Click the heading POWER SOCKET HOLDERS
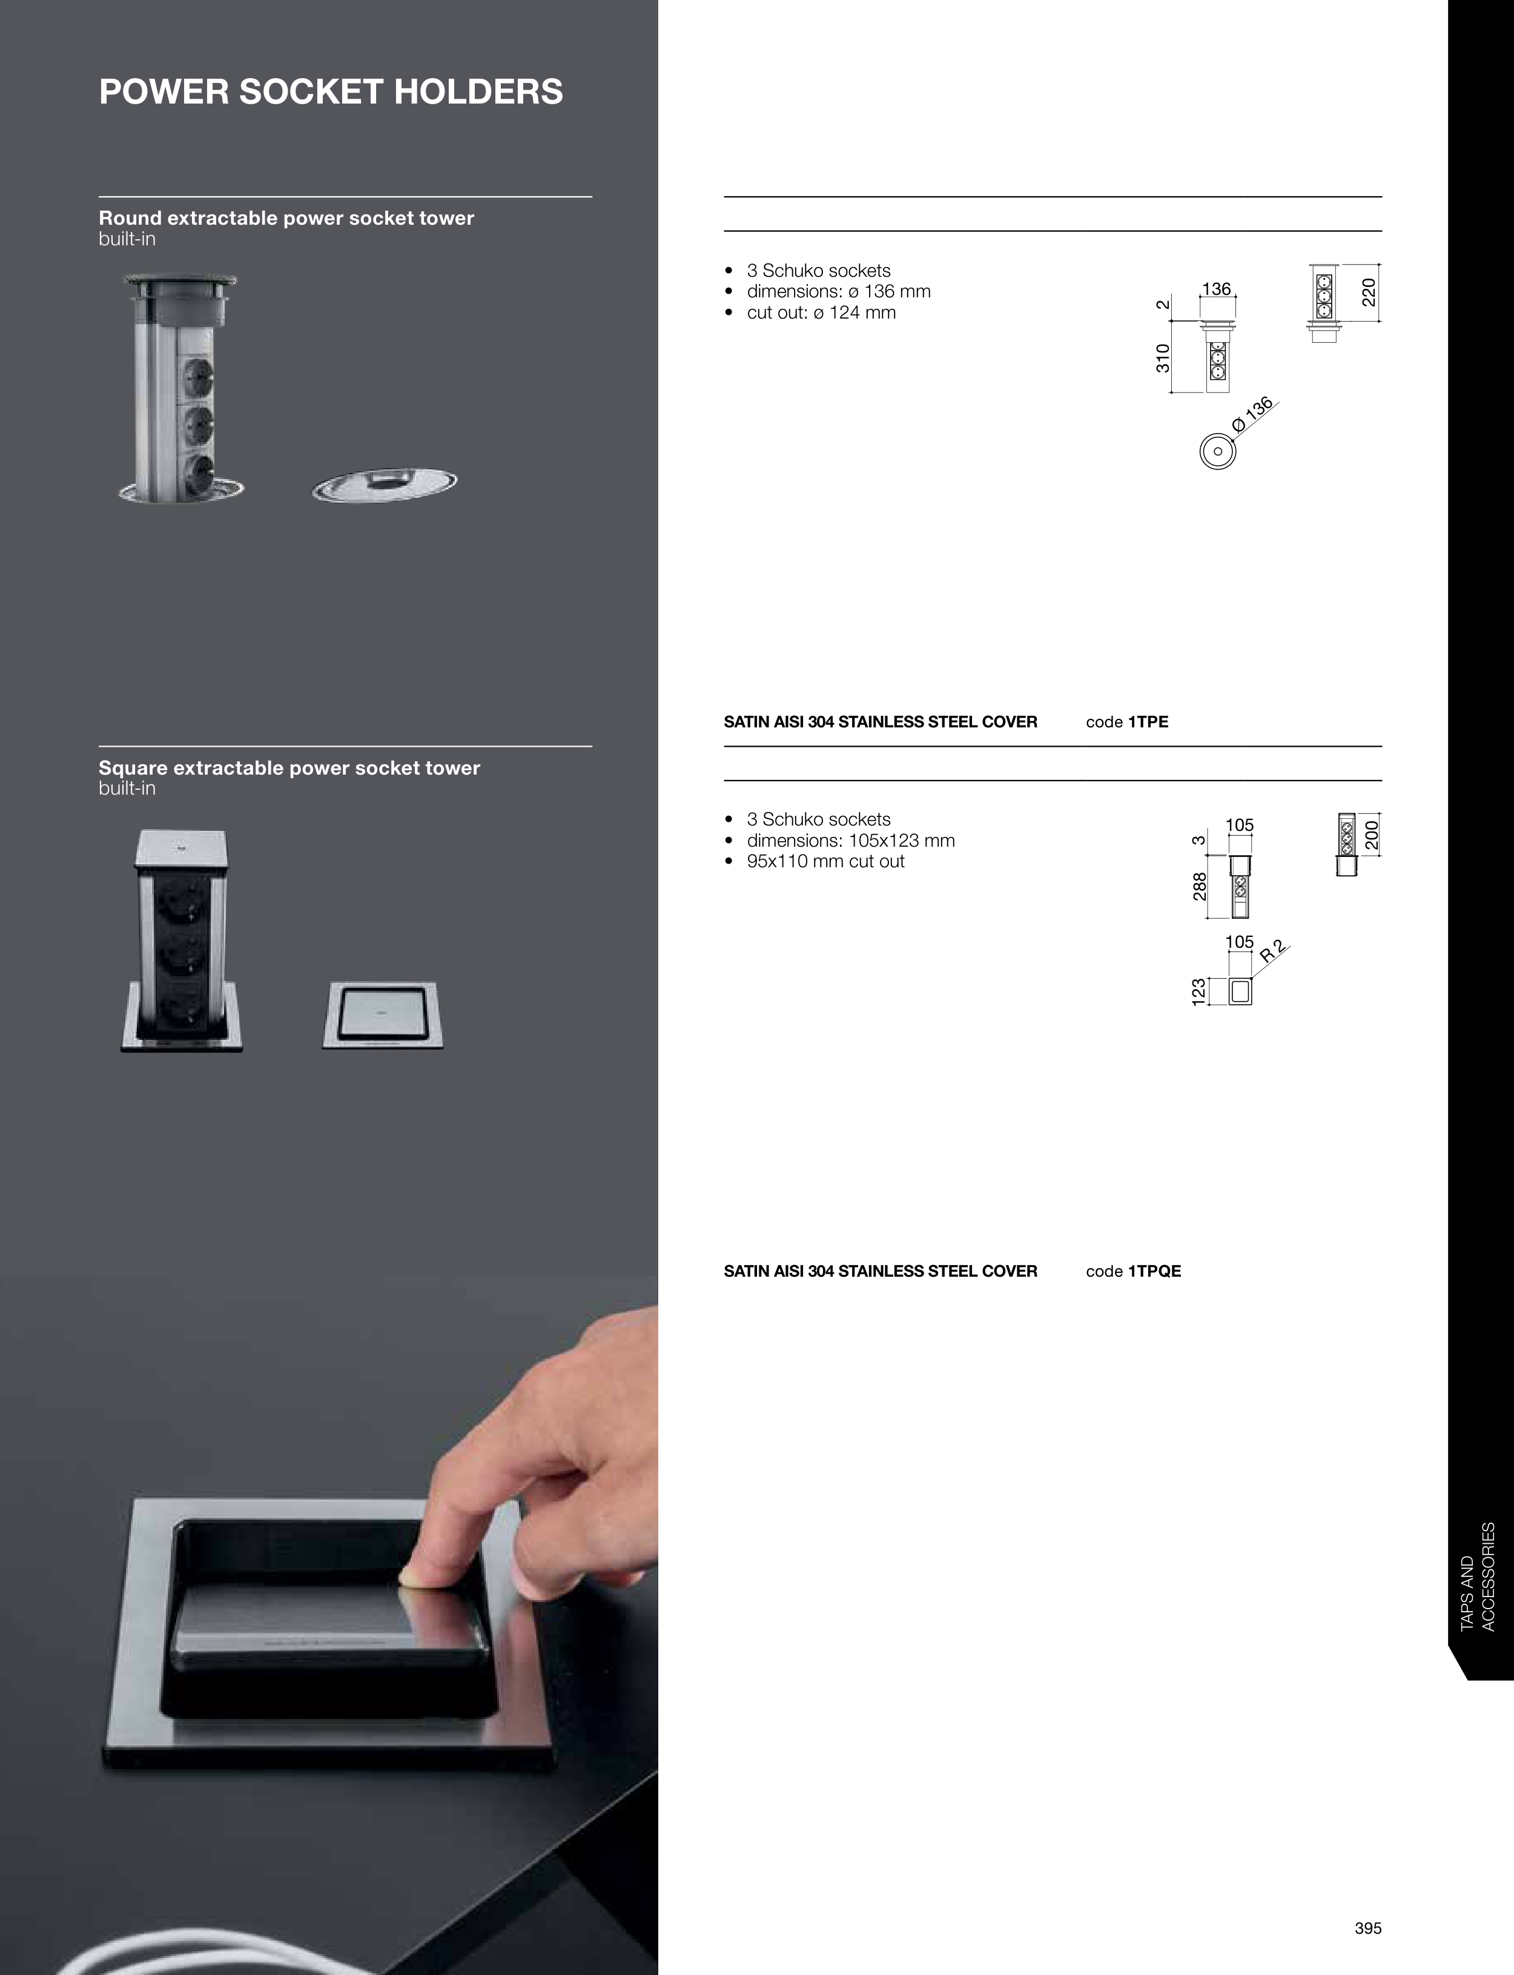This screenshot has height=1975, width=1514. click(331, 92)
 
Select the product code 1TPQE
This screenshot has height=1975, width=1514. click(1154, 1271)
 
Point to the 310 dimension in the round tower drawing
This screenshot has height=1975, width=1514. click(1163, 358)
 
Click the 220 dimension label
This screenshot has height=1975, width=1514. click(1369, 292)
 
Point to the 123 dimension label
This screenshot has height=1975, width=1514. click(1198, 992)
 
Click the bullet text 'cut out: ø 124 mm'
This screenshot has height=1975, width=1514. click(821, 313)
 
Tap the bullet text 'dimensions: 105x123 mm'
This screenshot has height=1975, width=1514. click(851, 841)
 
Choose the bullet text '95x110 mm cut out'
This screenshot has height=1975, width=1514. click(825, 861)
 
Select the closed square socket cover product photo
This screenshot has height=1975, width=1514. click(383, 1016)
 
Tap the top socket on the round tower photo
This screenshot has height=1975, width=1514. click(198, 371)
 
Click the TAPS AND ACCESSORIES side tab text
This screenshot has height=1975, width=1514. click(1477, 1576)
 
